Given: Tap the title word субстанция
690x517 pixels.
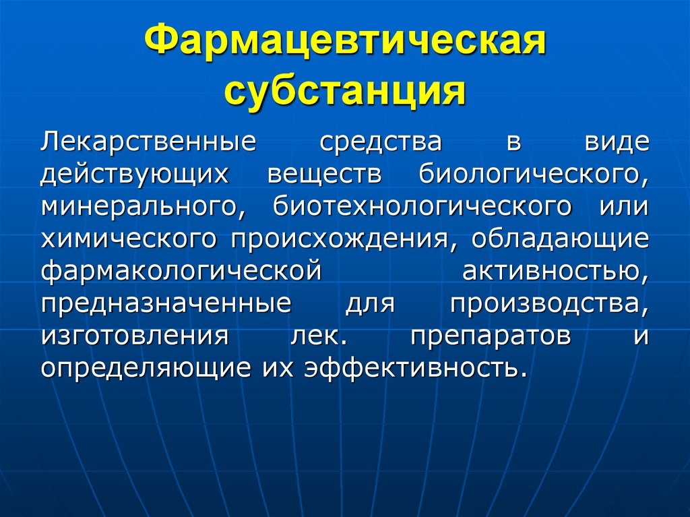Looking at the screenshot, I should coord(344,91).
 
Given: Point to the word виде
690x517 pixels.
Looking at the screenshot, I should coord(615,144).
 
